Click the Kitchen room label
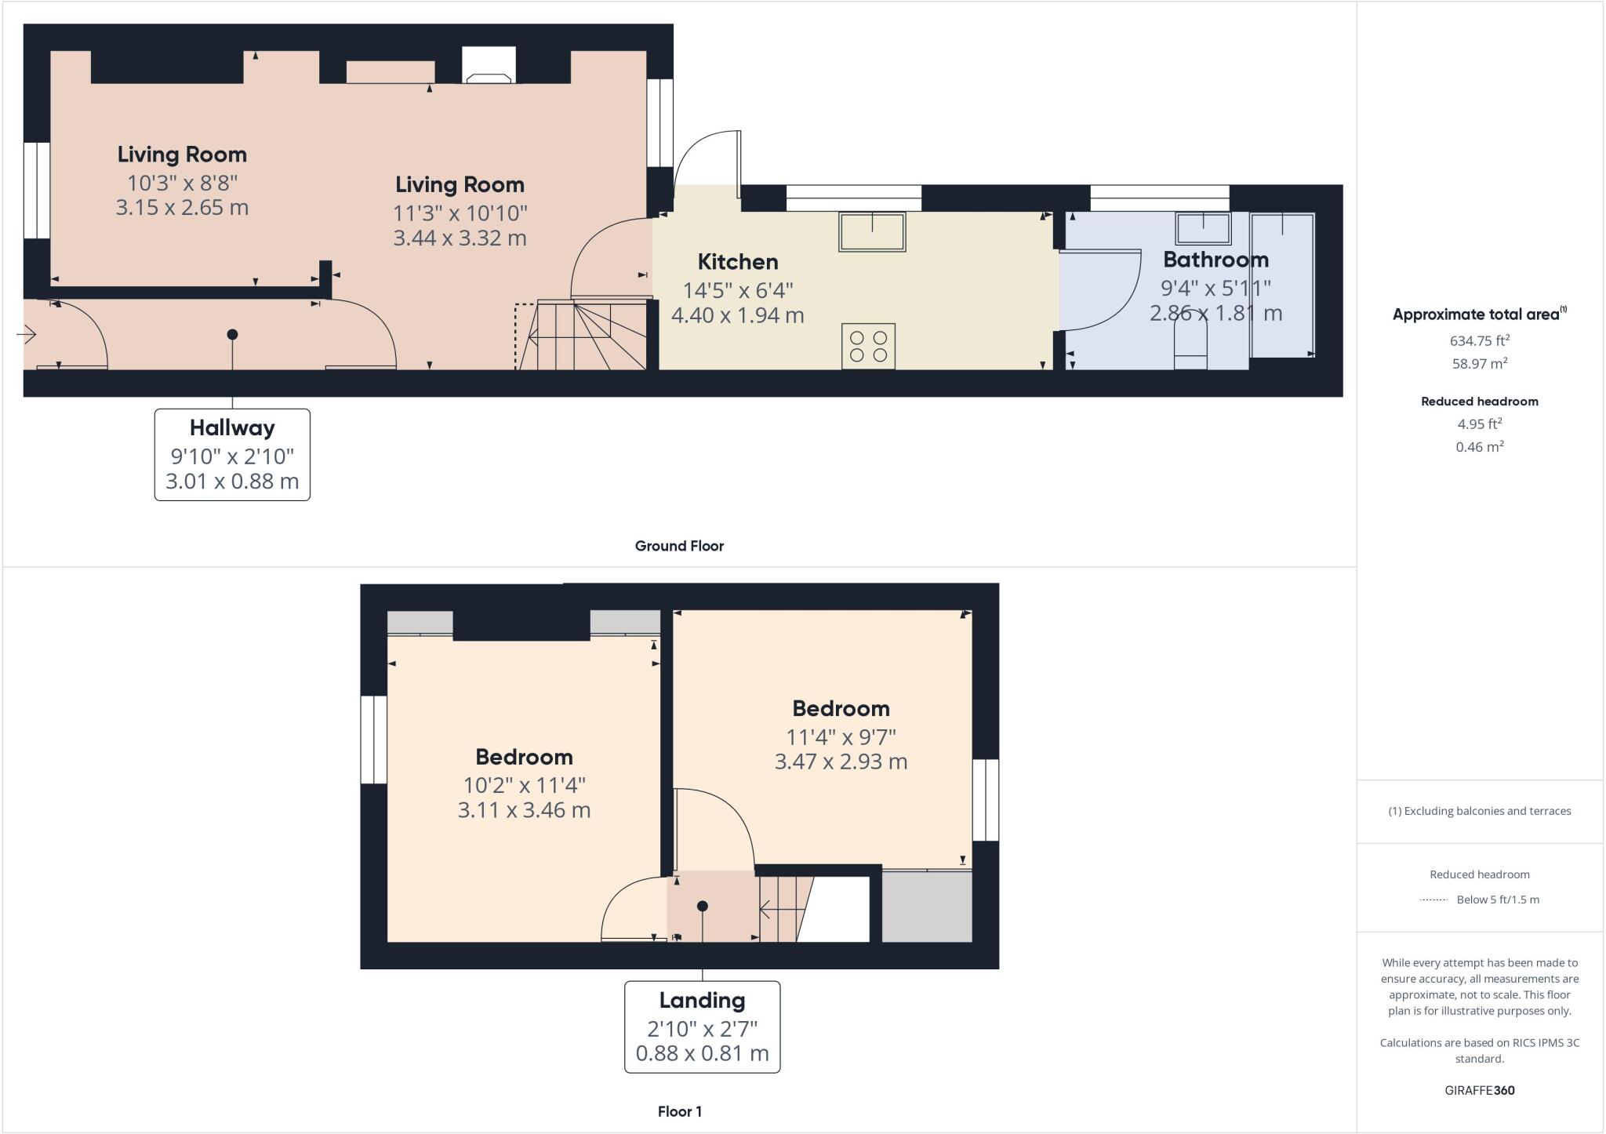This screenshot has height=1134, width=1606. click(x=737, y=261)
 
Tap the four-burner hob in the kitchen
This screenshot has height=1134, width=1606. click(x=868, y=346)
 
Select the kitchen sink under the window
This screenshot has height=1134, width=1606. click(x=872, y=231)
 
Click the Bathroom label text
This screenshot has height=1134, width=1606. click(x=1215, y=259)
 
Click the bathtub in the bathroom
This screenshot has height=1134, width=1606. click(x=1282, y=285)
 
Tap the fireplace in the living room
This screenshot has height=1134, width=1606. click(x=489, y=66)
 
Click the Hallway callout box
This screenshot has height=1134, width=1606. click(x=232, y=454)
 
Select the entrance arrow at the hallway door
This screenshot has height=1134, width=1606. click(x=26, y=335)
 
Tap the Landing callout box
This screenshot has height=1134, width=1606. click(x=702, y=1026)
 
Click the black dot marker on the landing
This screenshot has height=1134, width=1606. click(x=703, y=906)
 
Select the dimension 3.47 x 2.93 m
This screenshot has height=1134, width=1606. click(x=841, y=761)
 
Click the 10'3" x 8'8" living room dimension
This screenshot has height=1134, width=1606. click(x=182, y=183)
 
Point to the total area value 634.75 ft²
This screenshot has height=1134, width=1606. click(x=1479, y=340)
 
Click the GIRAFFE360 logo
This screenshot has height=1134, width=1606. click(x=1479, y=1090)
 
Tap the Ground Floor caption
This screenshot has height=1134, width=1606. click(x=679, y=546)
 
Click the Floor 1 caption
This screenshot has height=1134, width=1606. click(x=679, y=1111)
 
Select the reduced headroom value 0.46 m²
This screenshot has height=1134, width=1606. click(x=1479, y=447)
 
